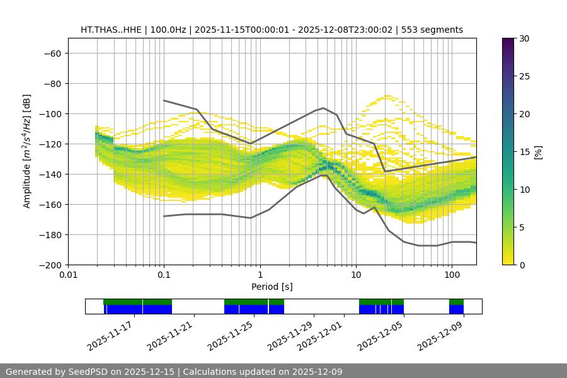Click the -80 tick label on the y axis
51,83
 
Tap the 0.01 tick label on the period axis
68,274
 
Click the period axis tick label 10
356,274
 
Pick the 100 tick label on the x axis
452,274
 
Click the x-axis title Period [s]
272,287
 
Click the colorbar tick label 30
524,38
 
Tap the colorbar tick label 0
521,265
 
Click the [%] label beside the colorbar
538,152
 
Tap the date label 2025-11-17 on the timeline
110,336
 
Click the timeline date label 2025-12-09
441,336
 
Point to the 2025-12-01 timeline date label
320,336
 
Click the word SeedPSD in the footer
88,372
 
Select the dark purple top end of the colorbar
508,40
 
